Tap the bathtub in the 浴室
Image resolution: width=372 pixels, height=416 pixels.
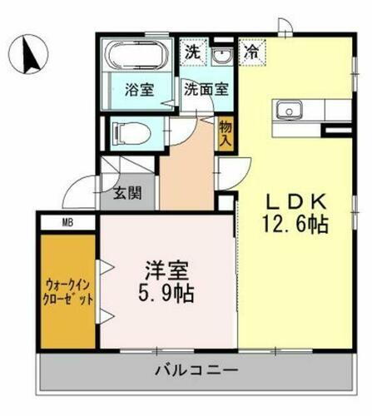coord(136,56)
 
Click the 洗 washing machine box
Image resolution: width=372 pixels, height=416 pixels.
coord(192,52)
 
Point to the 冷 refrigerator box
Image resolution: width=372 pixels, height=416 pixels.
coord(250,52)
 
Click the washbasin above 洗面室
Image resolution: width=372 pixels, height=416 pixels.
coord(221,56)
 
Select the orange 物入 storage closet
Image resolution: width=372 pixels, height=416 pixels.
coord(225,132)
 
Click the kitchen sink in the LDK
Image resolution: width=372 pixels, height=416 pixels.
coord(290,109)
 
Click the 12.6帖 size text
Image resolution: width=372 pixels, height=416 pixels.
coord(295,225)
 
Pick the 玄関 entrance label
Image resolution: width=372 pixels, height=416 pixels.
coord(127,196)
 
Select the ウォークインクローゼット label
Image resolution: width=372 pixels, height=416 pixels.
coord(67,292)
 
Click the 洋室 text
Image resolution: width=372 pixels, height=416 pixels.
coord(165,272)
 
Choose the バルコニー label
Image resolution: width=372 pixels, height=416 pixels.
coord(196,370)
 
